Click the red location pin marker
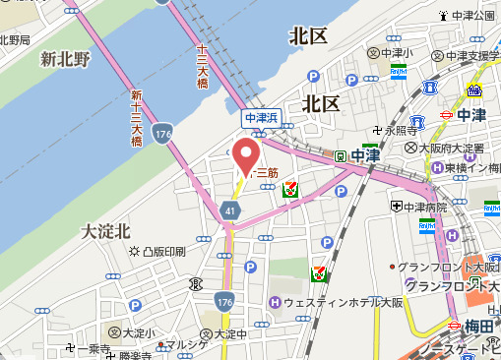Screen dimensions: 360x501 point(245,155)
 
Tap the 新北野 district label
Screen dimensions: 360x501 point(65,60)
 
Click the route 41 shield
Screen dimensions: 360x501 point(229,210)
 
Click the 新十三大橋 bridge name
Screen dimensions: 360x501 point(136,117)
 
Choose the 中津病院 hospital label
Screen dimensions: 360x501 point(424,207)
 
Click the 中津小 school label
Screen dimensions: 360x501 point(397,53)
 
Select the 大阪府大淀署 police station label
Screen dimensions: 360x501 point(447,148)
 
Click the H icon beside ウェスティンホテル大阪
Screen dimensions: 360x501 point(275,302)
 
